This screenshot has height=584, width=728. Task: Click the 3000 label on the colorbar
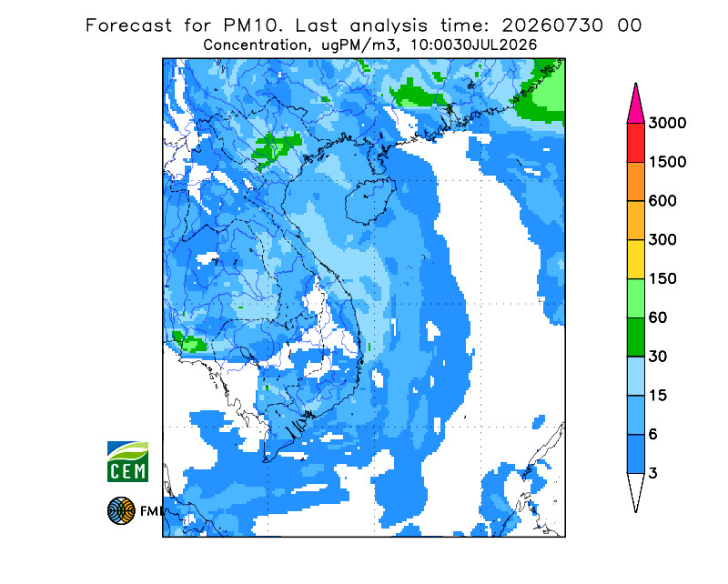(667, 123)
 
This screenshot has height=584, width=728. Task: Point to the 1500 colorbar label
(667, 162)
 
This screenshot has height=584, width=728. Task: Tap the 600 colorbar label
(662, 201)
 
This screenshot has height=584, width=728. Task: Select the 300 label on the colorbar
(662, 240)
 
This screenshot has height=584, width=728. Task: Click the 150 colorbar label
(662, 279)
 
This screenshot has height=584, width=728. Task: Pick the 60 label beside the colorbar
(658, 318)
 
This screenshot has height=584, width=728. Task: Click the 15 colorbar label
(658, 396)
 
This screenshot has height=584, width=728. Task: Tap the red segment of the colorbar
(635, 143)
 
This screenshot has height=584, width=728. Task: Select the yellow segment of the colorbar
(635, 259)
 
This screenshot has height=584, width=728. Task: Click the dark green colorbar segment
(635, 337)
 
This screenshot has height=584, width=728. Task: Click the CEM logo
(127, 462)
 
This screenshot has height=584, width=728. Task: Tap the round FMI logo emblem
(121, 510)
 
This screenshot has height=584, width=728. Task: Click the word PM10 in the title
(253, 25)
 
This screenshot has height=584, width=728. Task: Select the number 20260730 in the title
(552, 25)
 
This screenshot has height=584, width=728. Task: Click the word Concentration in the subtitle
(255, 45)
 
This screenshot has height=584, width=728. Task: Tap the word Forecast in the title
(128, 25)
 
